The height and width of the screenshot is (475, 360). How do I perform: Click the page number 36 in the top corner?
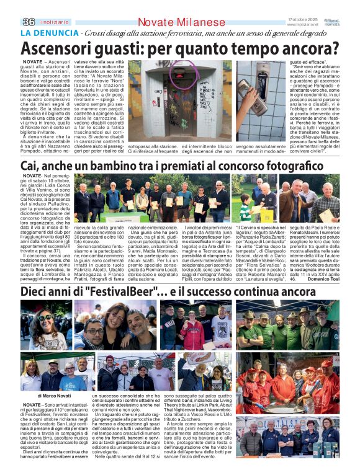pos(28,22)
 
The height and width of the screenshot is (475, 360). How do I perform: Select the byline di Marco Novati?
pos(54,395)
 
